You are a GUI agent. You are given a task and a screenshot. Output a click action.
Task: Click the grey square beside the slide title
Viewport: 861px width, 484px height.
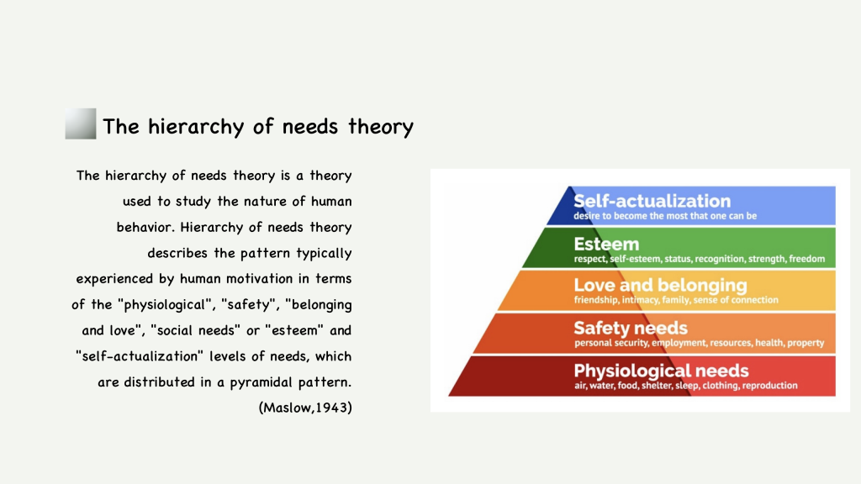pyautogui.click(x=81, y=124)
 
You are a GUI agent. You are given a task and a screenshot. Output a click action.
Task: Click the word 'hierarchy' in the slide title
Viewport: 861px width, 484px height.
pyautogui.click(x=196, y=127)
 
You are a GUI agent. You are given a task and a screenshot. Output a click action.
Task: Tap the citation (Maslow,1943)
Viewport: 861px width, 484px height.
pyautogui.click(x=305, y=408)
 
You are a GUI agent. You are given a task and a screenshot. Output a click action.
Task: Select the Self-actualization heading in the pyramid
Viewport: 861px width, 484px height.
pyautogui.click(x=652, y=201)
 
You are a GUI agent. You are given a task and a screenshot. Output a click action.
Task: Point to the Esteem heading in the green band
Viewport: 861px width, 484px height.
pyautogui.click(x=606, y=244)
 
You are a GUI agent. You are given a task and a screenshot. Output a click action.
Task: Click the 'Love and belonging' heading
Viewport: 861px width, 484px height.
pyautogui.click(x=661, y=286)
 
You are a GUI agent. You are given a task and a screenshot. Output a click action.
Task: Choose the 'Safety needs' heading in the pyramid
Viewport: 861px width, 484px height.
pyautogui.click(x=631, y=328)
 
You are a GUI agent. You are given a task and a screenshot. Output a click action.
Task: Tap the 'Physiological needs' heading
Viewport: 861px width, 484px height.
pyautogui.click(x=661, y=371)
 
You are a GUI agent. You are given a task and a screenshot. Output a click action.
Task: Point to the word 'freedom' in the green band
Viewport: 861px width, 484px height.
pyautogui.click(x=806, y=259)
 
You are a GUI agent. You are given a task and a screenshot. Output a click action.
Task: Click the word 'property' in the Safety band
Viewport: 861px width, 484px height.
pyautogui.click(x=805, y=343)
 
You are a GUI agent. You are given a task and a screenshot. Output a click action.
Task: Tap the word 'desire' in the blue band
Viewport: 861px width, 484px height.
pyautogui.click(x=585, y=216)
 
